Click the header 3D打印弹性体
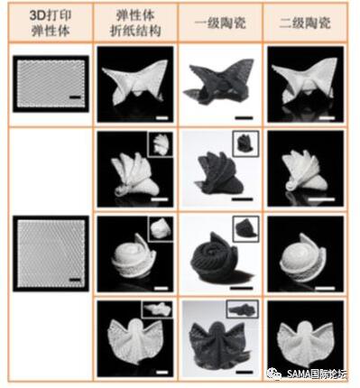pos(51,23)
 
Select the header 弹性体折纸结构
pos(135,23)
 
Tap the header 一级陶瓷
pos(220,23)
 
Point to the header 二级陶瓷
pos(305,23)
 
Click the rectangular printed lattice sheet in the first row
pos(51,84)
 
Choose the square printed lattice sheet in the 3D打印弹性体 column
pos(51,254)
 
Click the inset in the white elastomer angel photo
pos(157,309)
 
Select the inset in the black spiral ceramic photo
pos(245,228)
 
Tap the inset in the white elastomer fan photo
pos(161,144)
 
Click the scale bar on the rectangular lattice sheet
pos(75,97)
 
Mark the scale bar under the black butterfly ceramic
pos(245,118)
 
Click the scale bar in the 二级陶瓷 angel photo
pos(326,372)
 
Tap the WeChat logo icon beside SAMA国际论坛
pos(273,374)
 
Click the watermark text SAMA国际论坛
pos(316,374)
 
